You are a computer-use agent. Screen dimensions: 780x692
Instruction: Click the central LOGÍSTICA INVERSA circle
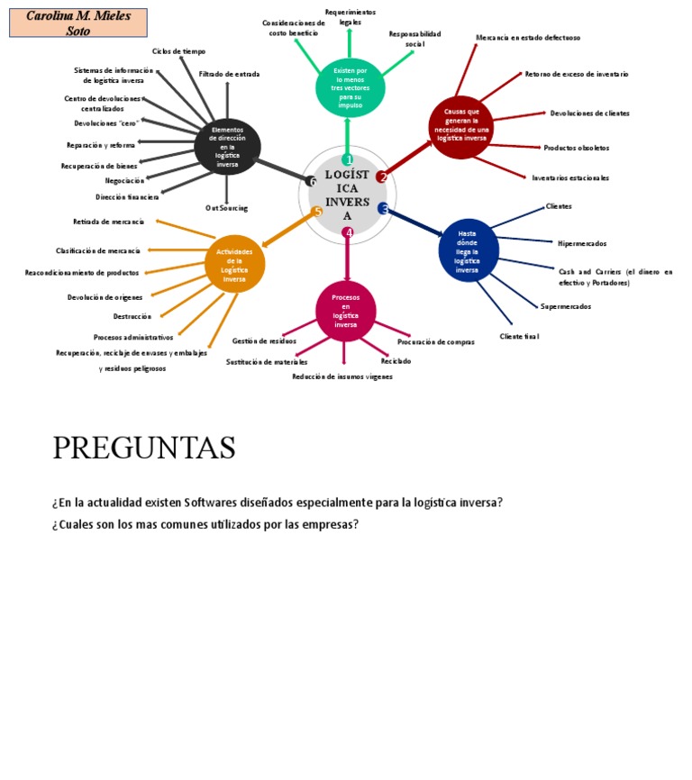pyautogui.click(x=347, y=195)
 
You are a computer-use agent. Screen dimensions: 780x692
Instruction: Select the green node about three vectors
pyautogui.click(x=349, y=87)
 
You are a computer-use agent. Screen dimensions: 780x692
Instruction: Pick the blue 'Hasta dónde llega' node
pyautogui.click(x=468, y=250)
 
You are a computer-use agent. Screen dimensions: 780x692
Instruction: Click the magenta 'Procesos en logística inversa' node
pyautogui.click(x=346, y=311)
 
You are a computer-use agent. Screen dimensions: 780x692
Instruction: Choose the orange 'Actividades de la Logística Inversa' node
pyautogui.click(x=234, y=265)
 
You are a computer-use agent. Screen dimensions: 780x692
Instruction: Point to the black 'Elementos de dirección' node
pyautogui.click(x=227, y=147)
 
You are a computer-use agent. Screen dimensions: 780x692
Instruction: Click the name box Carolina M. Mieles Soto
pyautogui.click(x=78, y=23)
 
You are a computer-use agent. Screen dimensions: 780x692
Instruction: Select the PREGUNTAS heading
pyautogui.click(x=144, y=448)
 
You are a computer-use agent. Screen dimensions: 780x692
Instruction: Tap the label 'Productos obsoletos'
pyautogui.click(x=576, y=148)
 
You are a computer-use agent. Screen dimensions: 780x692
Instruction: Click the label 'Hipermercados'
pyautogui.click(x=582, y=243)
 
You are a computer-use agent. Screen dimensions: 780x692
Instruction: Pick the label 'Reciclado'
pyautogui.click(x=396, y=361)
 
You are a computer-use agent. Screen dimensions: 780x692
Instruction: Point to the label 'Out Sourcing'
pyautogui.click(x=226, y=208)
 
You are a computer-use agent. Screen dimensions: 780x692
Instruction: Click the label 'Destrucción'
pyautogui.click(x=132, y=316)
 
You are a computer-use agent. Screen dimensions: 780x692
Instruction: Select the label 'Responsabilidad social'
pyautogui.click(x=414, y=39)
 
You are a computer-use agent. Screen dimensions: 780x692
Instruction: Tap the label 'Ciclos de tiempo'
pyautogui.click(x=178, y=51)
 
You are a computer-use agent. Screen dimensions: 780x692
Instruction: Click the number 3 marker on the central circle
pyautogui.click(x=384, y=209)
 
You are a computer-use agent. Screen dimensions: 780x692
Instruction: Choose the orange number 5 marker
pyautogui.click(x=317, y=212)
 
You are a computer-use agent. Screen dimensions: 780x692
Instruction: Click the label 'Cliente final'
pyautogui.click(x=519, y=336)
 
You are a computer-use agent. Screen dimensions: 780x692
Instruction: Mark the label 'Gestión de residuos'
pyautogui.click(x=264, y=341)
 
